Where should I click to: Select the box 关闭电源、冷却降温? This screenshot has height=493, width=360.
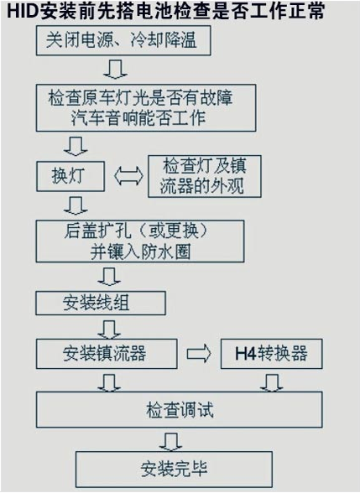pos(123,41)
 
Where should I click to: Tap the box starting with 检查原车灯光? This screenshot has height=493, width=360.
pos(146,107)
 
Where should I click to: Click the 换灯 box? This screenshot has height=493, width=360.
pos(70,176)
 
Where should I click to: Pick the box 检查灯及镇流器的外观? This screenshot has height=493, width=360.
pos(205,176)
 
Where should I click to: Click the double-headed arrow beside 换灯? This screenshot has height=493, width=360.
pos(128,176)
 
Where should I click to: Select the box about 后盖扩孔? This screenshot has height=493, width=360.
pos(140,241)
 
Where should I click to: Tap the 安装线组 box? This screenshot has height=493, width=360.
pos(101,304)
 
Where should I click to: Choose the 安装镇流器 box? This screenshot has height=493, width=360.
pos(107,354)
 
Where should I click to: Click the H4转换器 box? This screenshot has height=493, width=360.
pos(271,354)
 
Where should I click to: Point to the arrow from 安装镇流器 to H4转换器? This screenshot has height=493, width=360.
pos(199,354)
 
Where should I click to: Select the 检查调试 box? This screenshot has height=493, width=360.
pos(180,410)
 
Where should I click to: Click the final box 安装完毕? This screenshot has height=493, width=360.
pos(174,470)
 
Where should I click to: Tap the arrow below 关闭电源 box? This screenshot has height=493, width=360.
pos(115,69)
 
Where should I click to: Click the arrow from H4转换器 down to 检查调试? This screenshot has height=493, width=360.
pos(272,382)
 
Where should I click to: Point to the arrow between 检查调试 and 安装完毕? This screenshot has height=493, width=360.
pos(171,442)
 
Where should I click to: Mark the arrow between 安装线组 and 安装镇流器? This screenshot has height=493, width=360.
pos(109,330)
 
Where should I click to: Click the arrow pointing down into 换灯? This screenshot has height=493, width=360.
pos(76,146)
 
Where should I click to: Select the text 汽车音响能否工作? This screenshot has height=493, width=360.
pos(138,118)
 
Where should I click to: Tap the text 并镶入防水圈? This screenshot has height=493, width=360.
pos(140,252)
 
